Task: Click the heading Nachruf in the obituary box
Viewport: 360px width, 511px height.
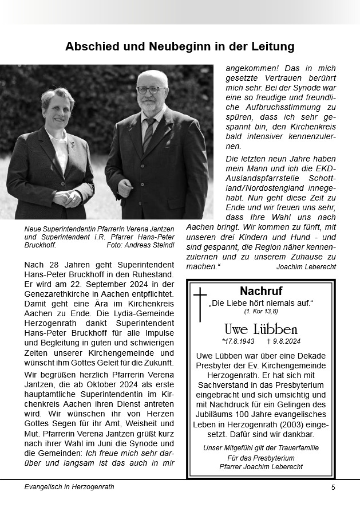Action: [x=261, y=290]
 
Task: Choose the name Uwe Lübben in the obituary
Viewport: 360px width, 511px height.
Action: [x=261, y=329]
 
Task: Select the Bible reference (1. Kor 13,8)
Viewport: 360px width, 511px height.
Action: [x=261, y=311]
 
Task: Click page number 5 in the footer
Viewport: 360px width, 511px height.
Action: [x=333, y=488]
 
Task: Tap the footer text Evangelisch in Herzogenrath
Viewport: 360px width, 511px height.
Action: [x=69, y=487]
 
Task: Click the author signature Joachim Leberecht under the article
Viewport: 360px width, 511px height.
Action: [x=306, y=267]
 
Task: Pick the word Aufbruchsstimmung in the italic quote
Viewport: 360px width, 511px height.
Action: [x=282, y=107]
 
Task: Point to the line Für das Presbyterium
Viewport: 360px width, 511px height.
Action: [x=261, y=458]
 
